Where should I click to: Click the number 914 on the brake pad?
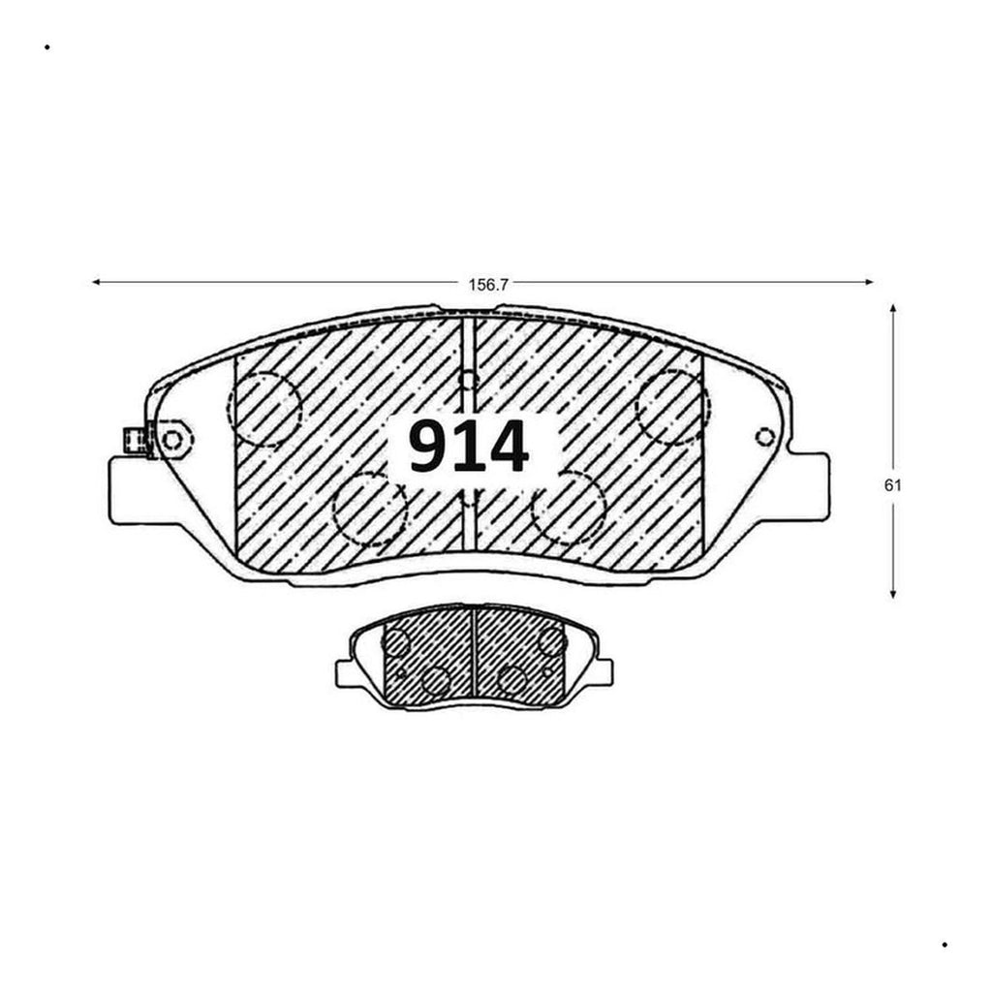click(468, 448)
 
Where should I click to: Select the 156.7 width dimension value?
click(488, 285)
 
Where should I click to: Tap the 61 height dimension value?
click(892, 486)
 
